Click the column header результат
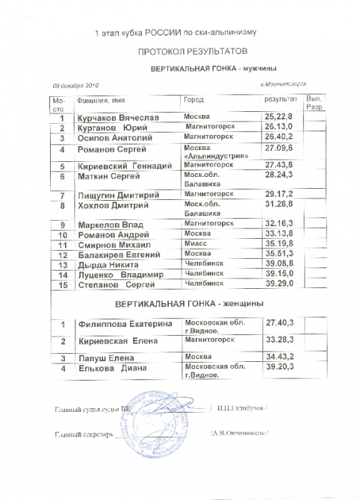280,99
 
